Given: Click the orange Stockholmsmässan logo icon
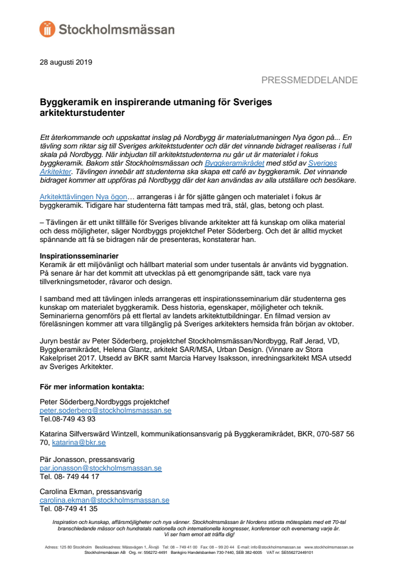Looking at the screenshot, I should [47, 29].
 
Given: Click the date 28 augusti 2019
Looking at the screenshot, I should [66, 62].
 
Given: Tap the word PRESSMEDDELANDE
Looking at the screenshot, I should [309, 80].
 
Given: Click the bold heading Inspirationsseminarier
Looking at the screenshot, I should [79, 256].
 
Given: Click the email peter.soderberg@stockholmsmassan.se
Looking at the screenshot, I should [106, 411].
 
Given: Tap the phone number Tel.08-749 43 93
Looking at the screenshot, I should [68, 419].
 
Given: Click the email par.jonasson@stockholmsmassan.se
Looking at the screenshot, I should [101, 468].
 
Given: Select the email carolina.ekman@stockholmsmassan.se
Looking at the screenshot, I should [105, 500].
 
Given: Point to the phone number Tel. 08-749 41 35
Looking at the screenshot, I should [69, 509].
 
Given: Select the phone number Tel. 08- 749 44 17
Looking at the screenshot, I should [70, 476].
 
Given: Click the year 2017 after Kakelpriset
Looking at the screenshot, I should [85, 356].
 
